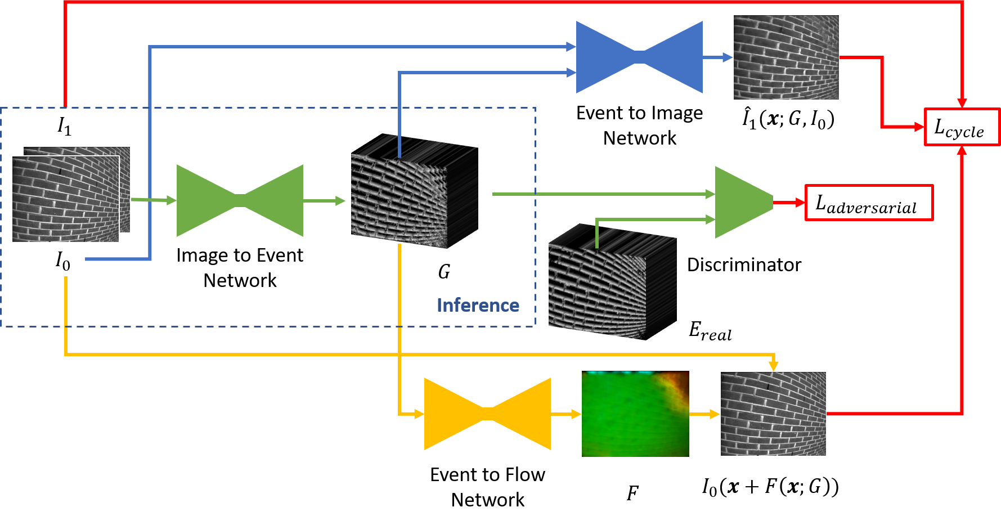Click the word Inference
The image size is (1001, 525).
coord(478,305)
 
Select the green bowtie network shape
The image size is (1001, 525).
coord(240,200)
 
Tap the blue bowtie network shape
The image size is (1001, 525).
coord(639,57)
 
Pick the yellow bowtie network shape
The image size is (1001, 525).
coord(487,414)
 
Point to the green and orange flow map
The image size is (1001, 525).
coord(635,414)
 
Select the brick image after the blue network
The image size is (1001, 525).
coord(786,57)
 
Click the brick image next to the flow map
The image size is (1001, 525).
coord(773,414)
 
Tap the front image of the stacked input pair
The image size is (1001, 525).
coord(65,199)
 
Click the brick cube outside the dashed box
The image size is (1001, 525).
coord(612,281)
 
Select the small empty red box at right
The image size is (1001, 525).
coord(962,127)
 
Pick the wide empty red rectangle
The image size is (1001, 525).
coord(869,202)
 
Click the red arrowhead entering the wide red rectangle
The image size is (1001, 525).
coord(800,203)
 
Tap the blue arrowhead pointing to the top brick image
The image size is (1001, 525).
coord(728,57)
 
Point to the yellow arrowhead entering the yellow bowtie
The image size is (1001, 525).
coord(419,414)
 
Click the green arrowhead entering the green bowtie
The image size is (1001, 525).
coord(172,200)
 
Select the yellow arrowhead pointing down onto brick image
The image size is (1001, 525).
coord(774,366)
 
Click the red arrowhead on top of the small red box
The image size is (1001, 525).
coord(962,104)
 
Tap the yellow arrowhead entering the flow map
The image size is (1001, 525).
coord(576,414)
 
